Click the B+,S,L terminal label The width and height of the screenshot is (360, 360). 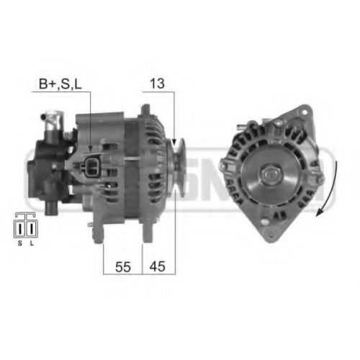[x=60, y=84]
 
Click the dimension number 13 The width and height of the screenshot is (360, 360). [x=157, y=84]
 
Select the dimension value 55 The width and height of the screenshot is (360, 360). [x=123, y=266]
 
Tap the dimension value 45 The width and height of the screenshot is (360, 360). [x=158, y=266]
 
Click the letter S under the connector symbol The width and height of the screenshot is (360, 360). [x=20, y=243]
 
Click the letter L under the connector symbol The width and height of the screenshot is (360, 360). [x=32, y=243]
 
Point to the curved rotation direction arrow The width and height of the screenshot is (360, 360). [x=330, y=189]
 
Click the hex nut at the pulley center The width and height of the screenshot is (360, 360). [x=271, y=174]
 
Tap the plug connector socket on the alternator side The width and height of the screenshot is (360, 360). [x=91, y=166]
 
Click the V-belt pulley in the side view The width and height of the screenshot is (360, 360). [x=176, y=166]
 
